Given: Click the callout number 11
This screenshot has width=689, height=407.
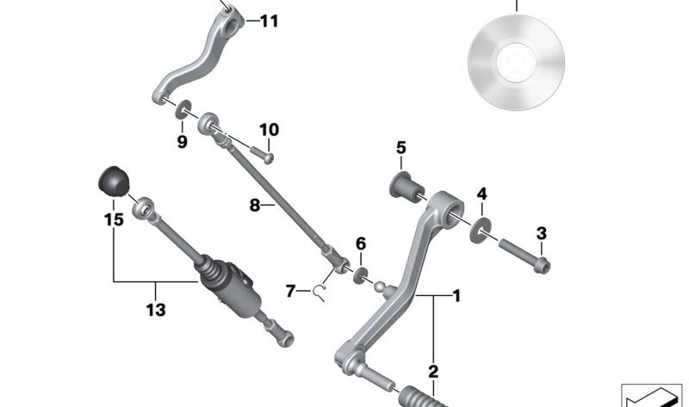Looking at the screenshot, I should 269,21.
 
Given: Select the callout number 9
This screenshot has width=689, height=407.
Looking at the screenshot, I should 182,142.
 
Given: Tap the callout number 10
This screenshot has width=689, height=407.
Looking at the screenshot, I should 269,130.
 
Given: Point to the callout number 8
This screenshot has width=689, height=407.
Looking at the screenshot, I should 255,206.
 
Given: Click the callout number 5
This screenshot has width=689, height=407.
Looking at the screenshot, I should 400,147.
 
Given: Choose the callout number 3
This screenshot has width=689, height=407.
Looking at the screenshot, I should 541,232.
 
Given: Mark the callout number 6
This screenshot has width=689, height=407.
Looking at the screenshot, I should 361,244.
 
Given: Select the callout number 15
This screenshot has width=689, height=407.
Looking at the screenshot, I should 114,219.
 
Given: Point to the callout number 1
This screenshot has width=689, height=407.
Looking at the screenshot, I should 456,296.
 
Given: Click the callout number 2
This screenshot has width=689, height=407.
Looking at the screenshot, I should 432,372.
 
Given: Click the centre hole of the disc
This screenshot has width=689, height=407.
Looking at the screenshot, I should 516,62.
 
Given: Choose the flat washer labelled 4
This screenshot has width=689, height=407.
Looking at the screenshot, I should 481,227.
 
